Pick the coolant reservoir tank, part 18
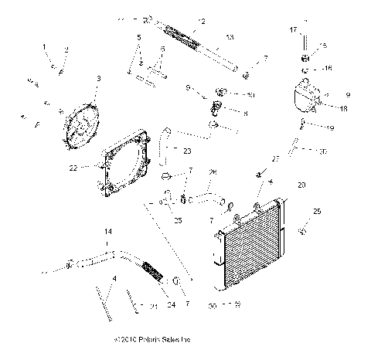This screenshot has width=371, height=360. tap(305, 99)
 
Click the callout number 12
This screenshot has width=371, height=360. tap(202, 21)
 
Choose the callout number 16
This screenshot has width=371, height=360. tap(328, 69)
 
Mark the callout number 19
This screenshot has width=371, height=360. tap(330, 127)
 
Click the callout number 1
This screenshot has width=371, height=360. tap(46, 47)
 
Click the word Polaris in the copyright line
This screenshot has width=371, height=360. tap(152, 340)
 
